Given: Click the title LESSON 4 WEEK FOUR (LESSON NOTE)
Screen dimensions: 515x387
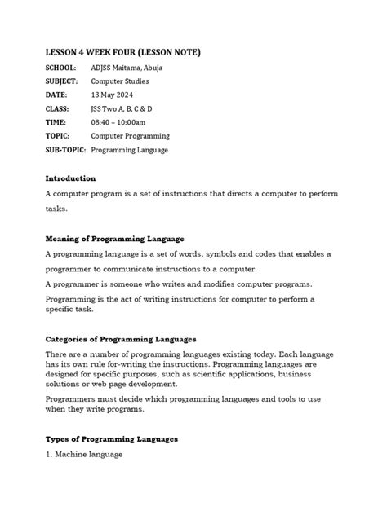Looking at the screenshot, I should pos(122,53).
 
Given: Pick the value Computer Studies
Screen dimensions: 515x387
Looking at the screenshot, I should pos(120,82).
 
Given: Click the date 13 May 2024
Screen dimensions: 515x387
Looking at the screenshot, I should pos(113,95).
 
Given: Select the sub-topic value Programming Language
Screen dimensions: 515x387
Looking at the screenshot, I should pos(130,150).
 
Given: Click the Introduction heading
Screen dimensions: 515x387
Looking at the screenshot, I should pos(70,178).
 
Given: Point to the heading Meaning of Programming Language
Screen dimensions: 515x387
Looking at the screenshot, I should pos(114,238).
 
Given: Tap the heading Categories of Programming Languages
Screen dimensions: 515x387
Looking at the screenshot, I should pos(120,338).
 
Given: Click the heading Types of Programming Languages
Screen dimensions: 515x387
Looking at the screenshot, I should pos(111,439).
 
